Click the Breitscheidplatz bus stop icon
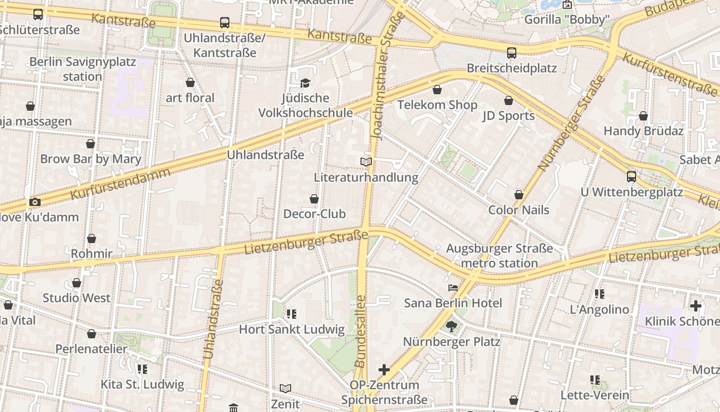[x=512, y=53]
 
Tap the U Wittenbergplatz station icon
[x=632, y=177]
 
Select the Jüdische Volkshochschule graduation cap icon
[x=305, y=83]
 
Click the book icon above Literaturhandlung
[x=366, y=162]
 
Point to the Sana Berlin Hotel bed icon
[x=453, y=288]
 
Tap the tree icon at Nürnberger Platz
[x=452, y=326]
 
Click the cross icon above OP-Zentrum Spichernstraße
[x=384, y=369]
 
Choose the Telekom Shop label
[x=437, y=105]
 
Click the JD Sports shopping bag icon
[x=509, y=100]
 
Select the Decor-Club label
[x=314, y=214]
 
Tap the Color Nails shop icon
[x=519, y=195]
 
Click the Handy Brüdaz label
[x=643, y=131]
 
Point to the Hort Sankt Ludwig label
[x=292, y=330]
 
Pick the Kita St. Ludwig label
[x=142, y=384]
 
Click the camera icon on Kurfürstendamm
[x=34, y=202]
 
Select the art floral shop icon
[x=190, y=82]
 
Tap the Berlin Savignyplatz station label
[x=82, y=69]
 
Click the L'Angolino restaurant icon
[x=599, y=294]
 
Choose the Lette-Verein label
[x=595, y=395]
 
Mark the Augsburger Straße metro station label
[x=499, y=256]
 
